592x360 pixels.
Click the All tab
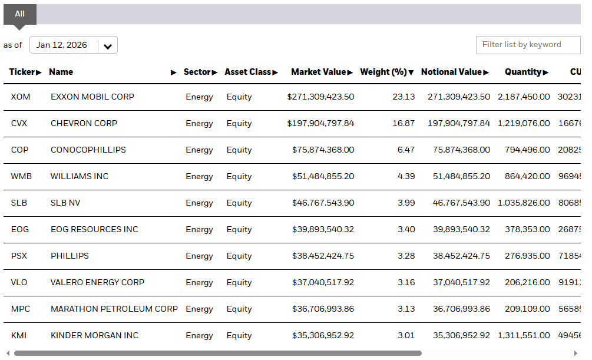coord(20,14)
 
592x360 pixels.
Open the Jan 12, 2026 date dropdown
coord(74,45)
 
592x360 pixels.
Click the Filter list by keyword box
coord(528,45)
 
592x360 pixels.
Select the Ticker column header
coord(25,72)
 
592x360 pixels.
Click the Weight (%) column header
coord(386,72)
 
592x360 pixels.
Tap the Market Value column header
coord(322,72)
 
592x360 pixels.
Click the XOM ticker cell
coord(21,97)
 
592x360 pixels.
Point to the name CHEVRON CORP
coord(84,123)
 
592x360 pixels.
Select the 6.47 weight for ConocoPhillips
coord(406,150)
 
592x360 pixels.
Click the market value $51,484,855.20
coord(323,176)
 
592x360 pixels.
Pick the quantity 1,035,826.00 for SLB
coord(524,203)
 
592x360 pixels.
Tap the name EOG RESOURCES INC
coord(94,229)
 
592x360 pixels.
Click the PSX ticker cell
coord(19,256)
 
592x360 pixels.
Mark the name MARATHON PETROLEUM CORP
coord(114,309)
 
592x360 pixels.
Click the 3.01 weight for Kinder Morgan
coord(406,335)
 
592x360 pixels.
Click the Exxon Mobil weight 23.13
coord(404,97)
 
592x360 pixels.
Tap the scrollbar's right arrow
coord(576,354)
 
